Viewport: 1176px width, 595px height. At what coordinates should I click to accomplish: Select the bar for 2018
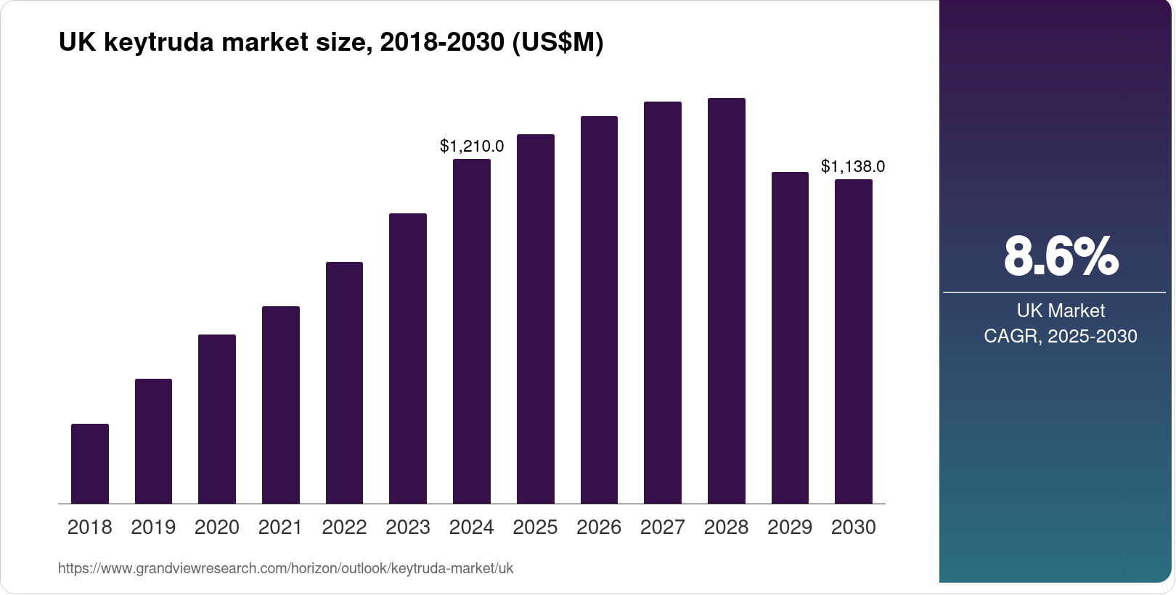[x=90, y=464]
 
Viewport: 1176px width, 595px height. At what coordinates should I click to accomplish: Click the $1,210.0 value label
[x=472, y=147]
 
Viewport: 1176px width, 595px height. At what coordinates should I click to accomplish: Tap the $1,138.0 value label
[x=853, y=167]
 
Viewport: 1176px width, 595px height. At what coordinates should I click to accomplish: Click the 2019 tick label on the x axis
[x=153, y=528]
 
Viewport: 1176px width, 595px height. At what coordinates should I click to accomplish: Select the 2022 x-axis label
[x=344, y=528]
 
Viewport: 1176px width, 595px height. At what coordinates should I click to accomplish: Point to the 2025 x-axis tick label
[x=535, y=528]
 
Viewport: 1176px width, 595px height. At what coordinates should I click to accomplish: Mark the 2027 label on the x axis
[x=663, y=528]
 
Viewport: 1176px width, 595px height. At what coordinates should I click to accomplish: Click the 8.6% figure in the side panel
[x=1061, y=256]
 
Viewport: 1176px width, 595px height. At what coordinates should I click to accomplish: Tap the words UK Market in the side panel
[x=1061, y=311]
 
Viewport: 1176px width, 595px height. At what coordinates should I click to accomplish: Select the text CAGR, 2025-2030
[x=1061, y=336]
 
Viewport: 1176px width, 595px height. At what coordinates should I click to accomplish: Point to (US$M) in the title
[x=558, y=43]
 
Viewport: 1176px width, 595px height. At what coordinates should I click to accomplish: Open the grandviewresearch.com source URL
[x=285, y=569]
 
